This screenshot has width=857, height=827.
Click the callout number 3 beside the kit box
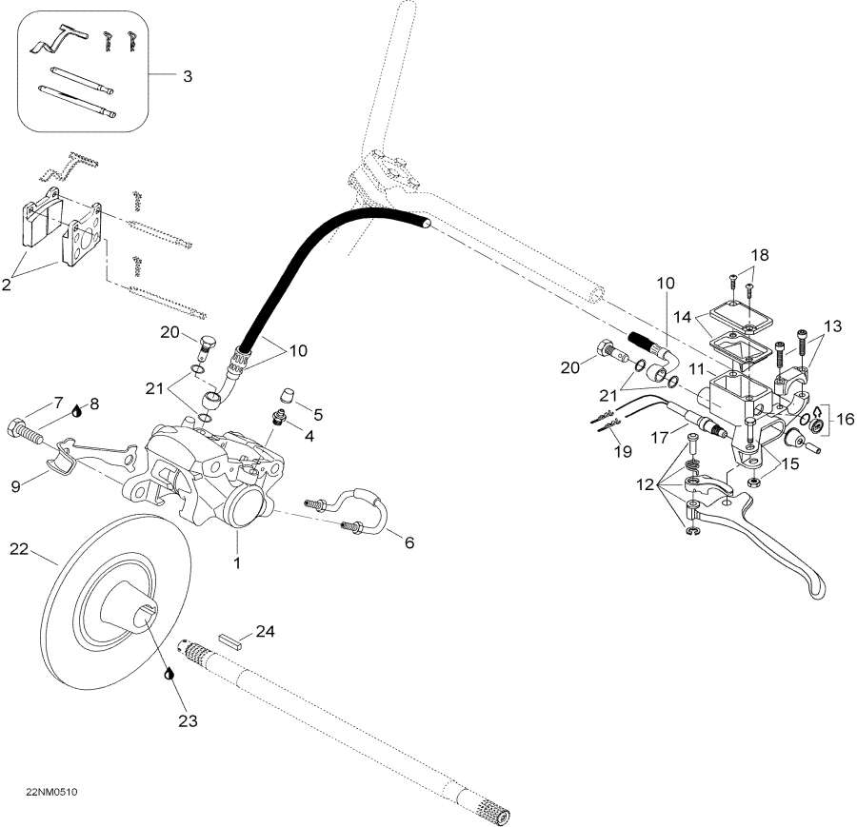coord(187,76)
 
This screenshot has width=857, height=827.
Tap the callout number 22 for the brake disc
coord(20,549)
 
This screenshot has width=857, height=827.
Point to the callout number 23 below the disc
coord(188,721)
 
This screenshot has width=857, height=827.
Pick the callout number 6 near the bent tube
coord(409,542)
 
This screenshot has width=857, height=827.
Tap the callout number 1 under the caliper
coord(237,562)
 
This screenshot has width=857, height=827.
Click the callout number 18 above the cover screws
coord(759,256)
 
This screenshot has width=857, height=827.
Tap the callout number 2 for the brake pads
coord(10,284)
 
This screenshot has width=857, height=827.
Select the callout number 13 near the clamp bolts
coord(831,326)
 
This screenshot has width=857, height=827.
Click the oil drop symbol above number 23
coord(169,673)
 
